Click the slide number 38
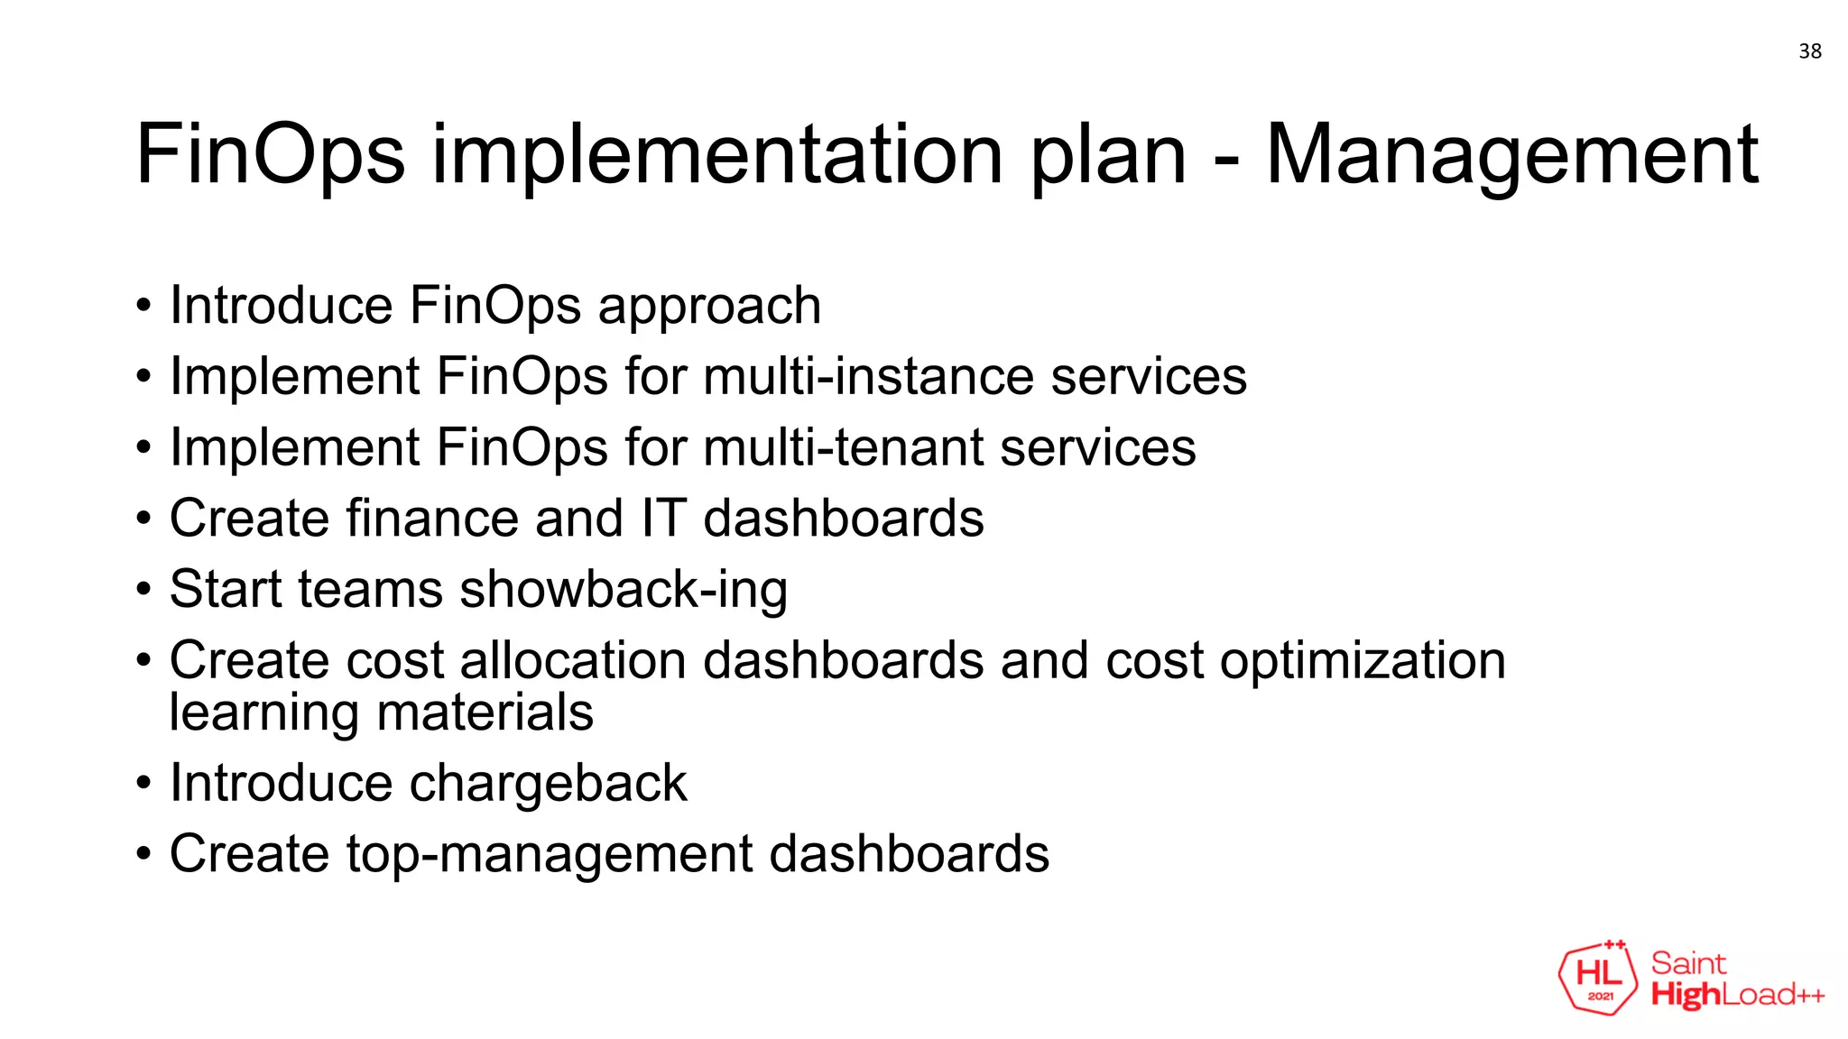[x=1809, y=51]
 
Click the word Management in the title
[x=1511, y=155]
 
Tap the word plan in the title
[x=1108, y=155]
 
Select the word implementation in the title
[x=717, y=155]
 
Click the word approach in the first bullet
[x=709, y=307]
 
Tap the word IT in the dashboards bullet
[x=663, y=519]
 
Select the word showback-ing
[x=624, y=590]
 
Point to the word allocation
[x=573, y=660]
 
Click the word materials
[x=485, y=713]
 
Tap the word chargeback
[x=548, y=783]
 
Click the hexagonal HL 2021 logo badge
[x=1598, y=978]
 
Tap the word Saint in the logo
[x=1688, y=963]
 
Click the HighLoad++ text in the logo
[x=1737, y=995]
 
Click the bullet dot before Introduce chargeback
[x=143, y=783]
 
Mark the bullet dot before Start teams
[x=143, y=590]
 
